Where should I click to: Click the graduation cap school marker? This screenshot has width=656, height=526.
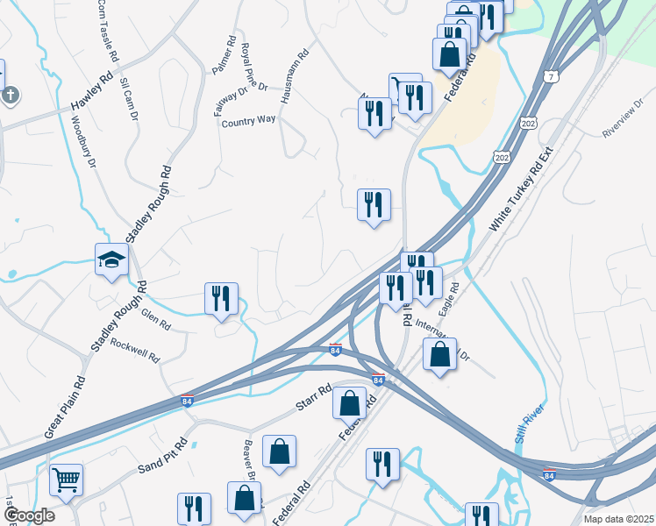[111, 259]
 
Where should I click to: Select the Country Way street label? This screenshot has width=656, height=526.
[248, 121]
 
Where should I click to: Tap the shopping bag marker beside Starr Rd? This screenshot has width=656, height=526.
[349, 402]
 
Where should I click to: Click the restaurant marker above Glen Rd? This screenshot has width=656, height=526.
[221, 298]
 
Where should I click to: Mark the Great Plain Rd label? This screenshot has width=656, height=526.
[65, 409]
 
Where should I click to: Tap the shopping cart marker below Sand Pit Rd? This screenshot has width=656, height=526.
[66, 479]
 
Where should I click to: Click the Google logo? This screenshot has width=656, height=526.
[28, 515]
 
